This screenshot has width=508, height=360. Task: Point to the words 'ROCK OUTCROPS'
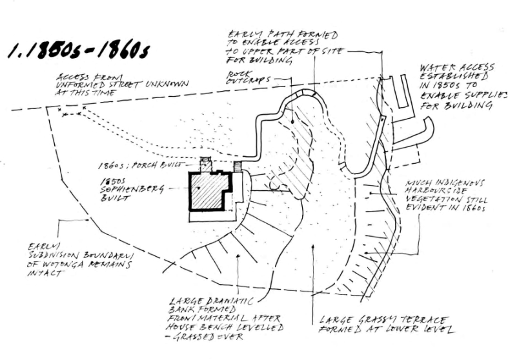pyautogui.click(x=246, y=78)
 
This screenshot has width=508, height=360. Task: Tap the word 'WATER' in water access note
pyautogui.click(x=439, y=67)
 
